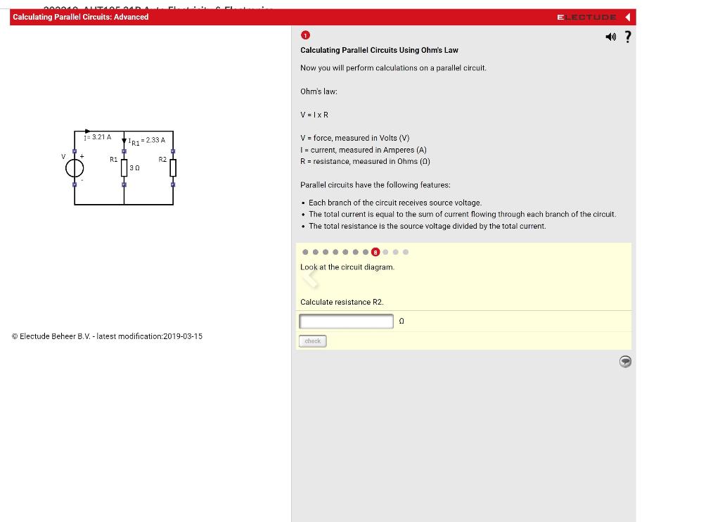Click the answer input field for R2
click(x=346, y=322)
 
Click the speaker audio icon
click(x=610, y=37)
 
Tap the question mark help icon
click(x=628, y=37)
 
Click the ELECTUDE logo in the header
click(x=586, y=17)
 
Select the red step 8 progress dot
click(x=375, y=252)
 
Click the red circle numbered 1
click(x=305, y=35)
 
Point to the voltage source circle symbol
click(x=75, y=168)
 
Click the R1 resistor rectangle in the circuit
click(x=124, y=168)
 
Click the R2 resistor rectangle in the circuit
click(x=173, y=167)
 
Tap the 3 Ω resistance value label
click(x=134, y=168)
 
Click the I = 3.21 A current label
click(x=98, y=137)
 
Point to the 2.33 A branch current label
click(x=147, y=141)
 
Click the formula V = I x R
click(x=314, y=115)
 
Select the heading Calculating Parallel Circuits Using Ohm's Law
click(x=379, y=50)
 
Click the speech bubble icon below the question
click(x=625, y=362)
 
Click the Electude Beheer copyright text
click(x=107, y=336)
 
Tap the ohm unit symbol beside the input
click(x=401, y=322)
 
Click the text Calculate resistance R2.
click(x=342, y=302)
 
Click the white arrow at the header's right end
click(x=627, y=17)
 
